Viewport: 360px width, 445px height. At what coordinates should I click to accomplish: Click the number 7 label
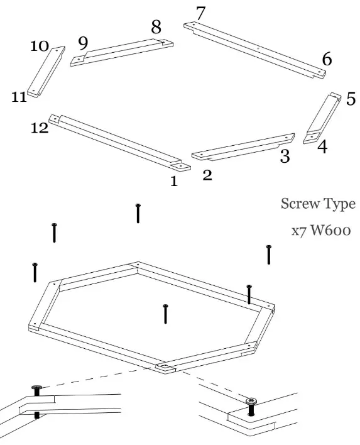tap(200, 13)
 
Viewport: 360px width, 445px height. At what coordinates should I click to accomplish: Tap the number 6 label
tap(327, 60)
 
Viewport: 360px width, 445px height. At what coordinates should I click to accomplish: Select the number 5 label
tap(351, 99)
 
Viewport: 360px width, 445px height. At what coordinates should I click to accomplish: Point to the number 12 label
tap(40, 128)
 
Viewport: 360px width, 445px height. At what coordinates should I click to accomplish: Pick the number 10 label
tap(39, 47)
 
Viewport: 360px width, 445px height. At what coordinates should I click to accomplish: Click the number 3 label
tap(285, 157)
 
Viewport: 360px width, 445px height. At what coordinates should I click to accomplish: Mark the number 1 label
tap(174, 182)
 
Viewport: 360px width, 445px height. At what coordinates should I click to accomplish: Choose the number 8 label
tap(156, 28)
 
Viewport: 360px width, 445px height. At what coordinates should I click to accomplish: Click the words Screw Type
tap(317, 204)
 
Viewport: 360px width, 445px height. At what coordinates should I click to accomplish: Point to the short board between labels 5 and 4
tap(323, 118)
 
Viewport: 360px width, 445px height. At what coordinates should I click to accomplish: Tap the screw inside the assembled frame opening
tap(165, 312)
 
